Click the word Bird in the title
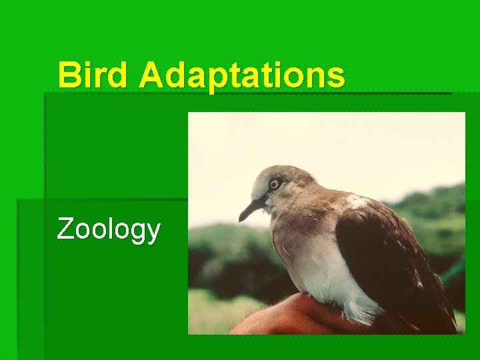pyautogui.click(x=95, y=75)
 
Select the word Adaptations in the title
pyautogui.click(x=243, y=76)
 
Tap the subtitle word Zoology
pyautogui.click(x=109, y=229)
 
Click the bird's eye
pyautogui.click(x=274, y=184)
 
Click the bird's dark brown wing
pyautogui.click(x=387, y=260)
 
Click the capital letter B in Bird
pyautogui.click(x=68, y=75)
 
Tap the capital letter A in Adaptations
pyautogui.click(x=150, y=75)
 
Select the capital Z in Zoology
pyautogui.click(x=65, y=229)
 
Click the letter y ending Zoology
pyautogui.click(x=153, y=233)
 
